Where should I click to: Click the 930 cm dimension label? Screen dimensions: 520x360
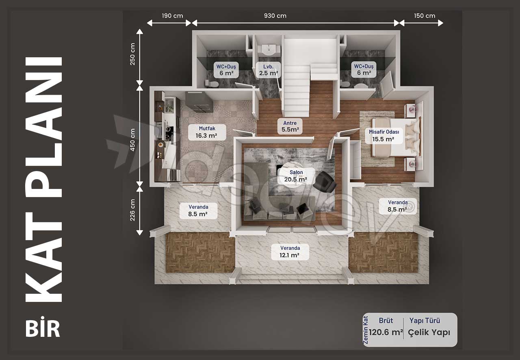(x=275, y=16)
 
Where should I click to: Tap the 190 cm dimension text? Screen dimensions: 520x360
(x=172, y=16)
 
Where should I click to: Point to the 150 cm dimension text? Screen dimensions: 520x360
(x=425, y=16)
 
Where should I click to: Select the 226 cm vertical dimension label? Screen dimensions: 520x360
(x=132, y=210)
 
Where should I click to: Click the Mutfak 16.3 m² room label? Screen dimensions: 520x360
(x=207, y=132)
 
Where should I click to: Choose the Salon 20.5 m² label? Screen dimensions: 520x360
(x=296, y=176)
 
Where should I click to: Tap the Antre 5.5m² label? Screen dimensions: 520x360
(x=290, y=126)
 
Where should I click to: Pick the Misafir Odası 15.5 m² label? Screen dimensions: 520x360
(x=384, y=136)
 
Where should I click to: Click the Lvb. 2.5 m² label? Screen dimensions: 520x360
(x=269, y=70)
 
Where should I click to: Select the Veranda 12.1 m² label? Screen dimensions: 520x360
(x=290, y=252)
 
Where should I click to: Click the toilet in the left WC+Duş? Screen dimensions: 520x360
(x=211, y=83)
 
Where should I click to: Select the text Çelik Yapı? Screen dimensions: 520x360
(x=429, y=332)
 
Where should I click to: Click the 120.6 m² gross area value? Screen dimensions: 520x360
(x=386, y=332)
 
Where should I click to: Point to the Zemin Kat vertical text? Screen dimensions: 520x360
(x=365, y=330)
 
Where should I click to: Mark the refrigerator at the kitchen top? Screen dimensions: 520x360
(x=199, y=102)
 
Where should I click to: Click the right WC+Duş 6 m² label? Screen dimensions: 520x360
(x=364, y=69)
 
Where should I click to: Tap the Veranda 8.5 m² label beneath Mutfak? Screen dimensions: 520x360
(x=198, y=210)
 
